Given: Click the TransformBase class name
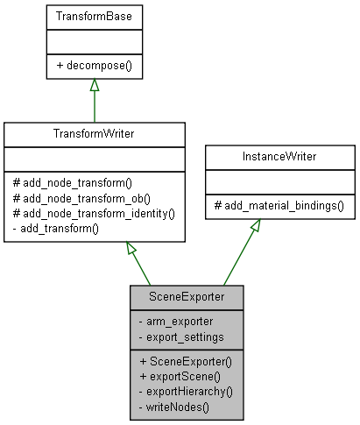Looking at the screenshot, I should click(x=94, y=17).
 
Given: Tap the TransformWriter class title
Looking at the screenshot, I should click(x=94, y=135).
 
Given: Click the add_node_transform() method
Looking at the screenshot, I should click(x=72, y=183).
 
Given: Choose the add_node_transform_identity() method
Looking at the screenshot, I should click(x=94, y=213).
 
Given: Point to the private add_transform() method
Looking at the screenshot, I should click(x=56, y=228).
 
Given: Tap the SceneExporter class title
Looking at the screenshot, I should click(x=186, y=297).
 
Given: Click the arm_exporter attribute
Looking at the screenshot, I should click(x=175, y=321).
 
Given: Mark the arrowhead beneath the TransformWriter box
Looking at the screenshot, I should click(x=132, y=249).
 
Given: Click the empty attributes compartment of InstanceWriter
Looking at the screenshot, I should click(x=279, y=183).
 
